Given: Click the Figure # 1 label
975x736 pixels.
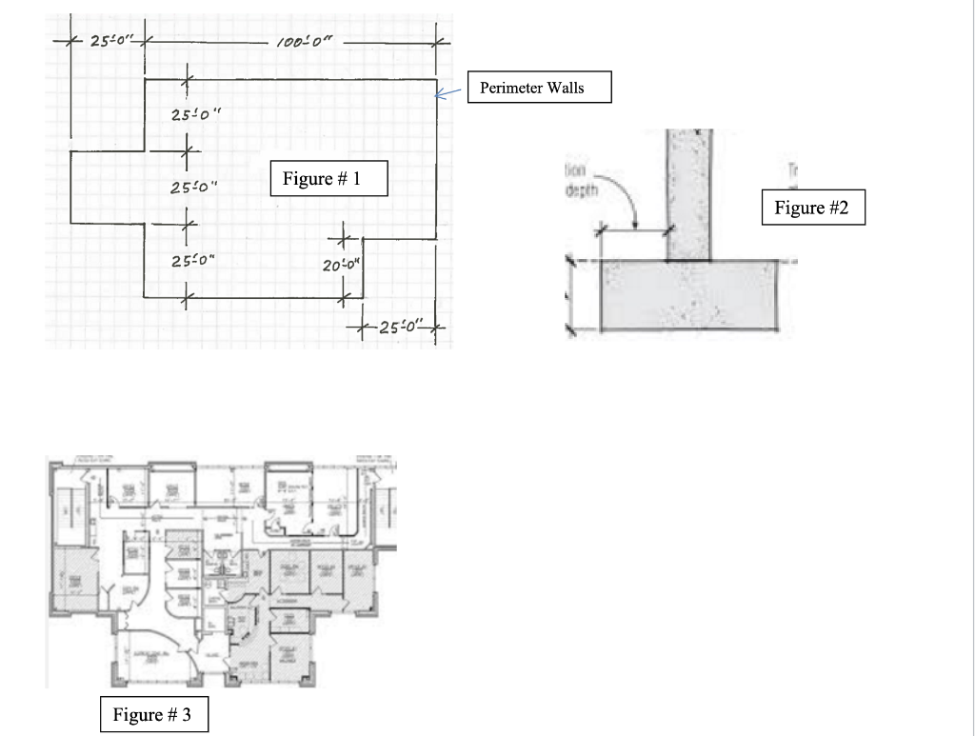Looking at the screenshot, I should pos(328,178).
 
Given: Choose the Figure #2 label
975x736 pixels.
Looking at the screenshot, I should pos(812,208).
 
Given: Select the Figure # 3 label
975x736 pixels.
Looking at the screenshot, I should pos(153,715).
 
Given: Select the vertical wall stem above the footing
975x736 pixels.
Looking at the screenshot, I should pos(687,195).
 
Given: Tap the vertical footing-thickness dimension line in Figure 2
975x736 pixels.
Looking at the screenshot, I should pos(570,295).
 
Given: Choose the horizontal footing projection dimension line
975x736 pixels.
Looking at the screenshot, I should pos(635,229).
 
